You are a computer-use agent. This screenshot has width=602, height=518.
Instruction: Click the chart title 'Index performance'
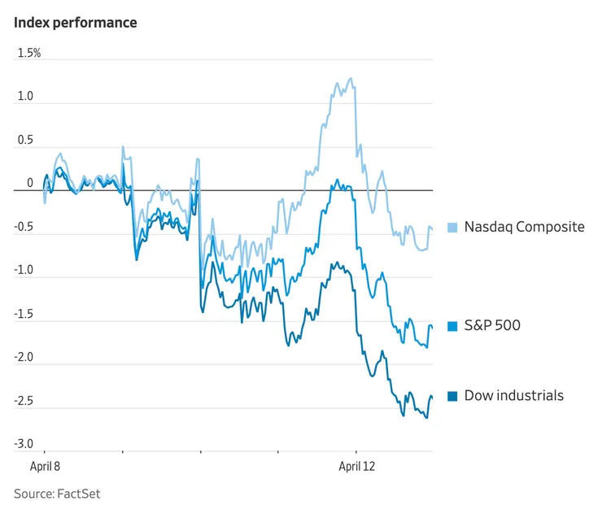(x=75, y=23)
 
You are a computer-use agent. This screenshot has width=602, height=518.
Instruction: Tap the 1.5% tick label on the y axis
(x=28, y=53)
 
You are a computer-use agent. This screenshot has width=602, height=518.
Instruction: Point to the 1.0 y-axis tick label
(x=25, y=96)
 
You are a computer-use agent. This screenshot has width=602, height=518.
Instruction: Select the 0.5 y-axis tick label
(x=25, y=140)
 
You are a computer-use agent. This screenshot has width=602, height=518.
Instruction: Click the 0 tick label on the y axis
(x=30, y=183)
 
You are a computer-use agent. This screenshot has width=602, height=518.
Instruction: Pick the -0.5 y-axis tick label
(x=24, y=227)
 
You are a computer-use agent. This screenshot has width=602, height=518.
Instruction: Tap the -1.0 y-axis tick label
(x=24, y=270)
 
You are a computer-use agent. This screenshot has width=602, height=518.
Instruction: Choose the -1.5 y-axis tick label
(x=24, y=314)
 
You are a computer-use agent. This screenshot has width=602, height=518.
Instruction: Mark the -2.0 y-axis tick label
(x=24, y=357)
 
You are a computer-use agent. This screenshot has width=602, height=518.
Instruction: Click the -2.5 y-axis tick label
(x=24, y=401)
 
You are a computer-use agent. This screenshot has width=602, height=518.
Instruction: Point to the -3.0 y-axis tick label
(x=24, y=444)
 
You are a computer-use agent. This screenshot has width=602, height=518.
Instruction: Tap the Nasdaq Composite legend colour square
(x=452, y=227)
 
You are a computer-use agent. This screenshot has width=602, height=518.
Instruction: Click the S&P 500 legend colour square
(x=452, y=325)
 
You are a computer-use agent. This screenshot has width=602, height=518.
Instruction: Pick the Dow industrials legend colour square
(x=452, y=396)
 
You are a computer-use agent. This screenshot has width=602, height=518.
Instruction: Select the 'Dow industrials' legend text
(x=513, y=396)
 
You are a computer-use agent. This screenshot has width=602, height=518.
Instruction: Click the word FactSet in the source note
(x=79, y=494)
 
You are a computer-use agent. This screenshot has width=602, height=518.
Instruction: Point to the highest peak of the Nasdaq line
(x=351, y=78)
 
